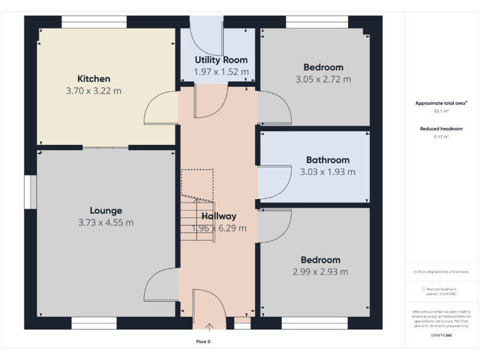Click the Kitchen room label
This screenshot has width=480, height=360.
click(94, 79)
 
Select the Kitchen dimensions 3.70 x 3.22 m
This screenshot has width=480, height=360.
click(94, 91)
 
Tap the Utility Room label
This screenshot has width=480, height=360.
click(221, 60)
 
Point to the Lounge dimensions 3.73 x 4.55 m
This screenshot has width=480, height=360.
click(106, 222)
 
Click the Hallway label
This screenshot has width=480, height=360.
click(219, 216)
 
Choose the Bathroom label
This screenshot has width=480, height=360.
click(327, 160)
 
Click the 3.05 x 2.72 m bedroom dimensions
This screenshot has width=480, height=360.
click(323, 79)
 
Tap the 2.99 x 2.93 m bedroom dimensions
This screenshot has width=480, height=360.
click(320, 272)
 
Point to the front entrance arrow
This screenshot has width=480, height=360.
click(209, 325)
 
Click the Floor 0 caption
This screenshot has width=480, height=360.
click(203, 342)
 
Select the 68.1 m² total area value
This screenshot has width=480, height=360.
click(441, 111)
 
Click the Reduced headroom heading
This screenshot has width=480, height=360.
click(441, 129)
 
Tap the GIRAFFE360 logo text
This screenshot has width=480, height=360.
click(441, 336)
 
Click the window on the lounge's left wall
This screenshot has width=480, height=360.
click(29, 191)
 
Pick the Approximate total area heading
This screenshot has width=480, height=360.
click(441, 103)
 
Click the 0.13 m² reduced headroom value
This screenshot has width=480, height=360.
click(441, 136)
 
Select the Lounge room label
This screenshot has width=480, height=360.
click(106, 211)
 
